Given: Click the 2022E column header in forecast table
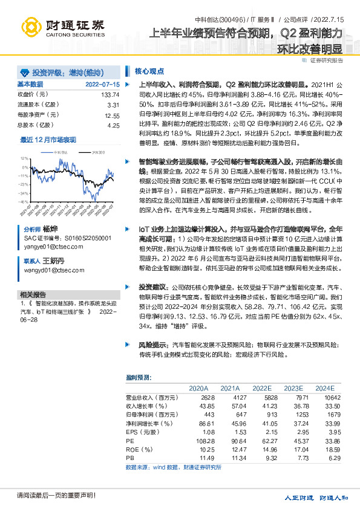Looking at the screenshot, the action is point(261,387).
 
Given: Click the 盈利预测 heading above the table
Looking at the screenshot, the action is point(139,377).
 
